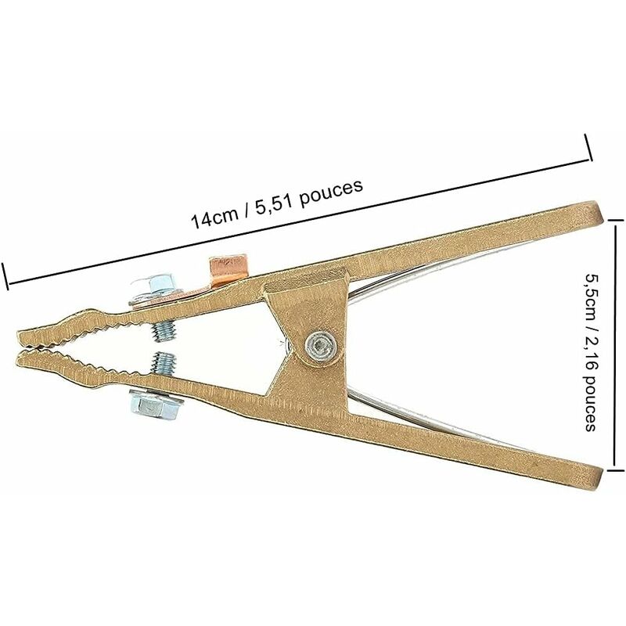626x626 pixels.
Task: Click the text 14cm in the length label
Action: [211, 217]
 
